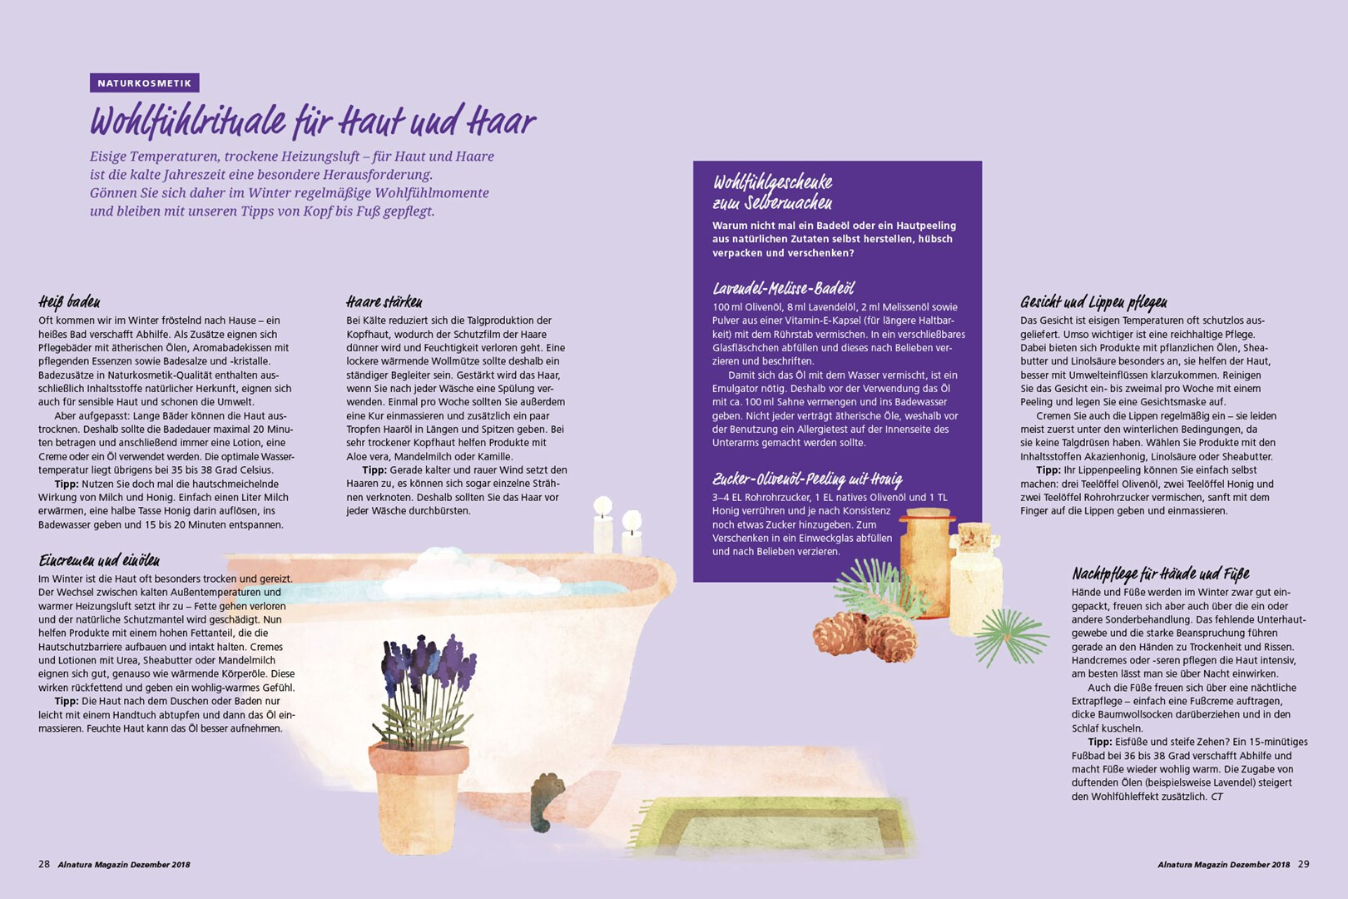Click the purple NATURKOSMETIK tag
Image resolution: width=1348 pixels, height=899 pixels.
tap(145, 83)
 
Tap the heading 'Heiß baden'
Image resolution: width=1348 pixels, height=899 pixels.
tap(69, 301)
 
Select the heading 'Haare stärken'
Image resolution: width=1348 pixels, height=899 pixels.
tap(384, 301)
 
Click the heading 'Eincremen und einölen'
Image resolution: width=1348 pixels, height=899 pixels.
tap(99, 560)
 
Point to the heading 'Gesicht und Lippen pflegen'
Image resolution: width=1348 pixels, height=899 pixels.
tap(1093, 301)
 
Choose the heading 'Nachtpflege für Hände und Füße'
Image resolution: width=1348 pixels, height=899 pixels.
tap(1161, 574)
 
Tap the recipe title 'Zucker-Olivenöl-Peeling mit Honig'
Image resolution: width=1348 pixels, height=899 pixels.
tap(808, 479)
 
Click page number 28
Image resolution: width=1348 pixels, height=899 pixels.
tap(44, 864)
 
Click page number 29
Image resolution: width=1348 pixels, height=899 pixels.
tap(1303, 864)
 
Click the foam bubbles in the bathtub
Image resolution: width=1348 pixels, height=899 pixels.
tap(458, 572)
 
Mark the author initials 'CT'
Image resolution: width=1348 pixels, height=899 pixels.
tap(1217, 797)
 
